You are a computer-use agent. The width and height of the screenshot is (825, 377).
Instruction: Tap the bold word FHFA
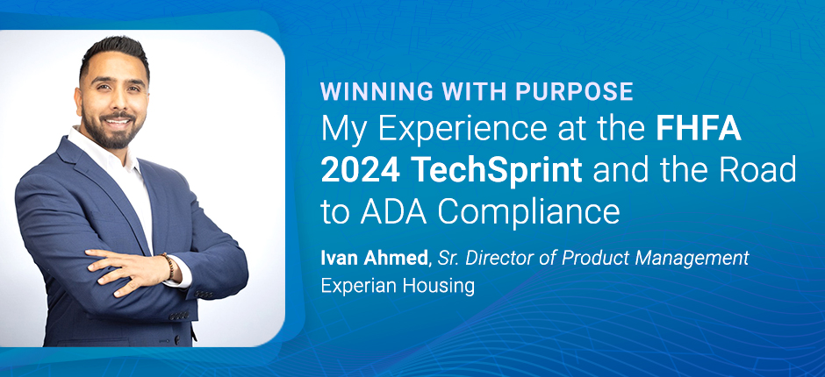[x=699, y=130]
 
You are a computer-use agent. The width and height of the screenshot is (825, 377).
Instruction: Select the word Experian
[x=355, y=287]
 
